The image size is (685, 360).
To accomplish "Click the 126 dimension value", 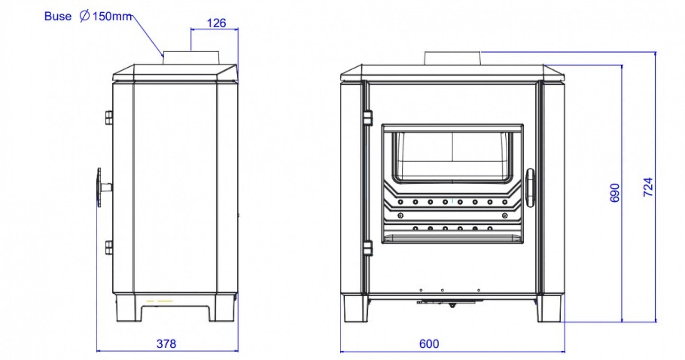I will [x=217, y=23].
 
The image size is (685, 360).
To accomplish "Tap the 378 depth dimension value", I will [x=166, y=344].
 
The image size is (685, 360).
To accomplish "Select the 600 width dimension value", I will [x=429, y=344].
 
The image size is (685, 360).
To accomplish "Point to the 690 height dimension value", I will [x=615, y=193].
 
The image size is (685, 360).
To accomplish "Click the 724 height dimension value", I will [x=648, y=187].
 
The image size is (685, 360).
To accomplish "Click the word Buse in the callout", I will [x=58, y=17].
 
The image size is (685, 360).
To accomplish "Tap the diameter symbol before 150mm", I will [x=84, y=17].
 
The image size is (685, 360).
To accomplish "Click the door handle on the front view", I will [x=530, y=187].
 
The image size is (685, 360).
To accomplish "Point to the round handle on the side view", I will [x=100, y=187].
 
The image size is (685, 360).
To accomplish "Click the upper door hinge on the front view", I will [x=368, y=118].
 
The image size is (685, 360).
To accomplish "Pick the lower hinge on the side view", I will [x=109, y=247].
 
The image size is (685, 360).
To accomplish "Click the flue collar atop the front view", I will [x=453, y=58].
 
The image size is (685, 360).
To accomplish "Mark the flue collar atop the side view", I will [x=191, y=58].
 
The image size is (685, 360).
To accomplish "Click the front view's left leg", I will [x=354, y=309].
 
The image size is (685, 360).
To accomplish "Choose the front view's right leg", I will [x=550, y=309].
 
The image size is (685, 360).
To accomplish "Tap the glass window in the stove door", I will [x=453, y=157].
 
